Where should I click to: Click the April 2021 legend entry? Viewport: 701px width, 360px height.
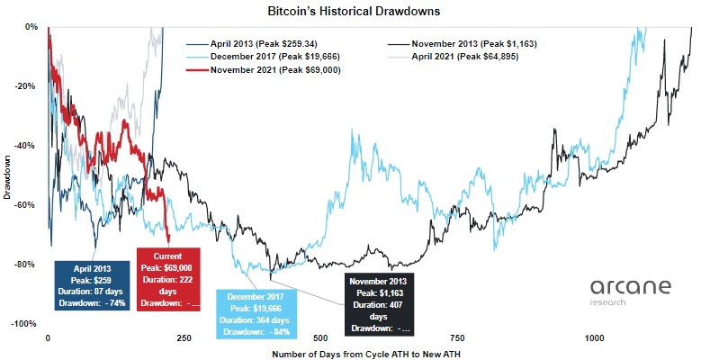[x=463, y=56]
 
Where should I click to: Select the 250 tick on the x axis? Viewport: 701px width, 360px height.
[x=183, y=338]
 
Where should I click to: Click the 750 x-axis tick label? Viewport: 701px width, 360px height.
[x=456, y=338]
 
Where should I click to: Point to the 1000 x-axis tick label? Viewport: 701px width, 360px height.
[x=593, y=338]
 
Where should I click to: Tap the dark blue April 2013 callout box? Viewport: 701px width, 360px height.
[x=92, y=285]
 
